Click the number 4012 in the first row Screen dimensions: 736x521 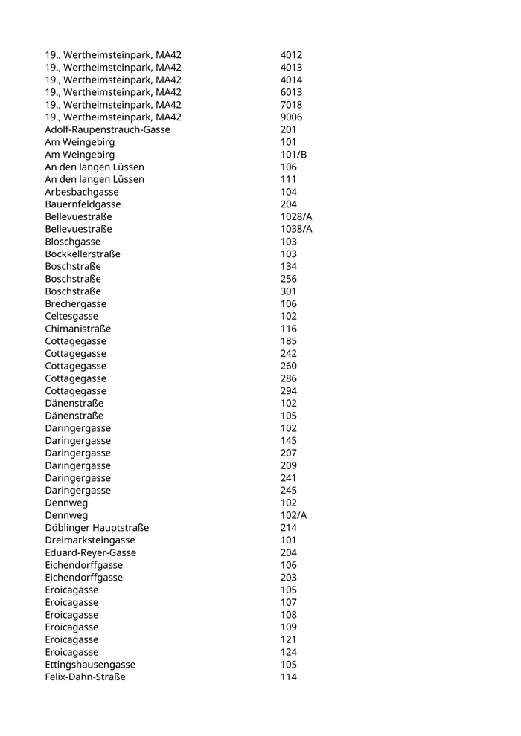pos(291,55)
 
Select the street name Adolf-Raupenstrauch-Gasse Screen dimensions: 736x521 pos(107,129)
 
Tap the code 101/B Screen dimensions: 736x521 pos(293,155)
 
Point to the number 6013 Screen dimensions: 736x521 pos(291,92)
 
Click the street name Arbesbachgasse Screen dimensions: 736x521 pos(82,192)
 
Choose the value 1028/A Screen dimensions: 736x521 pos(296,216)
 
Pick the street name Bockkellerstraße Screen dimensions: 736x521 pos(83,254)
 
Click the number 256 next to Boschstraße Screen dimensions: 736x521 pos(289,279)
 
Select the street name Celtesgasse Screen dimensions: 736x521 pos(71,316)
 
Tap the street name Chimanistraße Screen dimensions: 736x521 pos(77,329)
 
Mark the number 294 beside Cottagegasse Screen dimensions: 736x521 pos(289,391)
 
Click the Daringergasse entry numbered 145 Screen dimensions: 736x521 pos(77,441)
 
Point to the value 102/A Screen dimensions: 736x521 pos(293,515)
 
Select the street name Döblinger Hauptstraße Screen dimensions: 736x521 pos(97,528)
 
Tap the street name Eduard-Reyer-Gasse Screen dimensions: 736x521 pos(90,552)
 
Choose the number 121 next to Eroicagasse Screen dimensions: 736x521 pos(289,639)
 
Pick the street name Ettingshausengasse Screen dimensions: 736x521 pos(90,664)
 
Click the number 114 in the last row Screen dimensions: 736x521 pos(289,677)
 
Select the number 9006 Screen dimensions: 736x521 pos(291,117)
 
